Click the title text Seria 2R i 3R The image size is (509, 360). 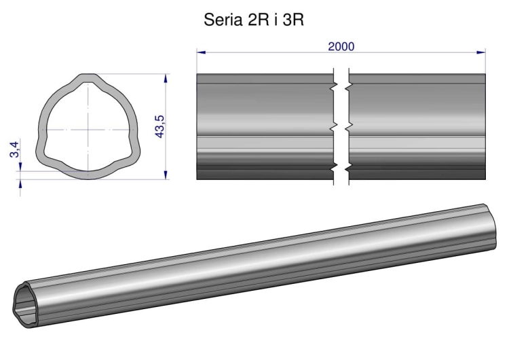(x=254, y=20)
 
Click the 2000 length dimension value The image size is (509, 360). (x=341, y=46)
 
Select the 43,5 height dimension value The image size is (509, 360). (x=159, y=127)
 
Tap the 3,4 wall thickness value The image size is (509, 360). (x=15, y=149)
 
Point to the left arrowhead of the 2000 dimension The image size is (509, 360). (x=202, y=52)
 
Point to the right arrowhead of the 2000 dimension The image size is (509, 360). (x=480, y=52)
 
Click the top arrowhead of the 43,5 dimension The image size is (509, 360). (x=166, y=79)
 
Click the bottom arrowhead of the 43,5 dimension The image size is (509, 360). (x=166, y=175)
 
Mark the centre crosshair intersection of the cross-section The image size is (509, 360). (x=88, y=130)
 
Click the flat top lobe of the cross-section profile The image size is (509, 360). (x=88, y=78)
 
